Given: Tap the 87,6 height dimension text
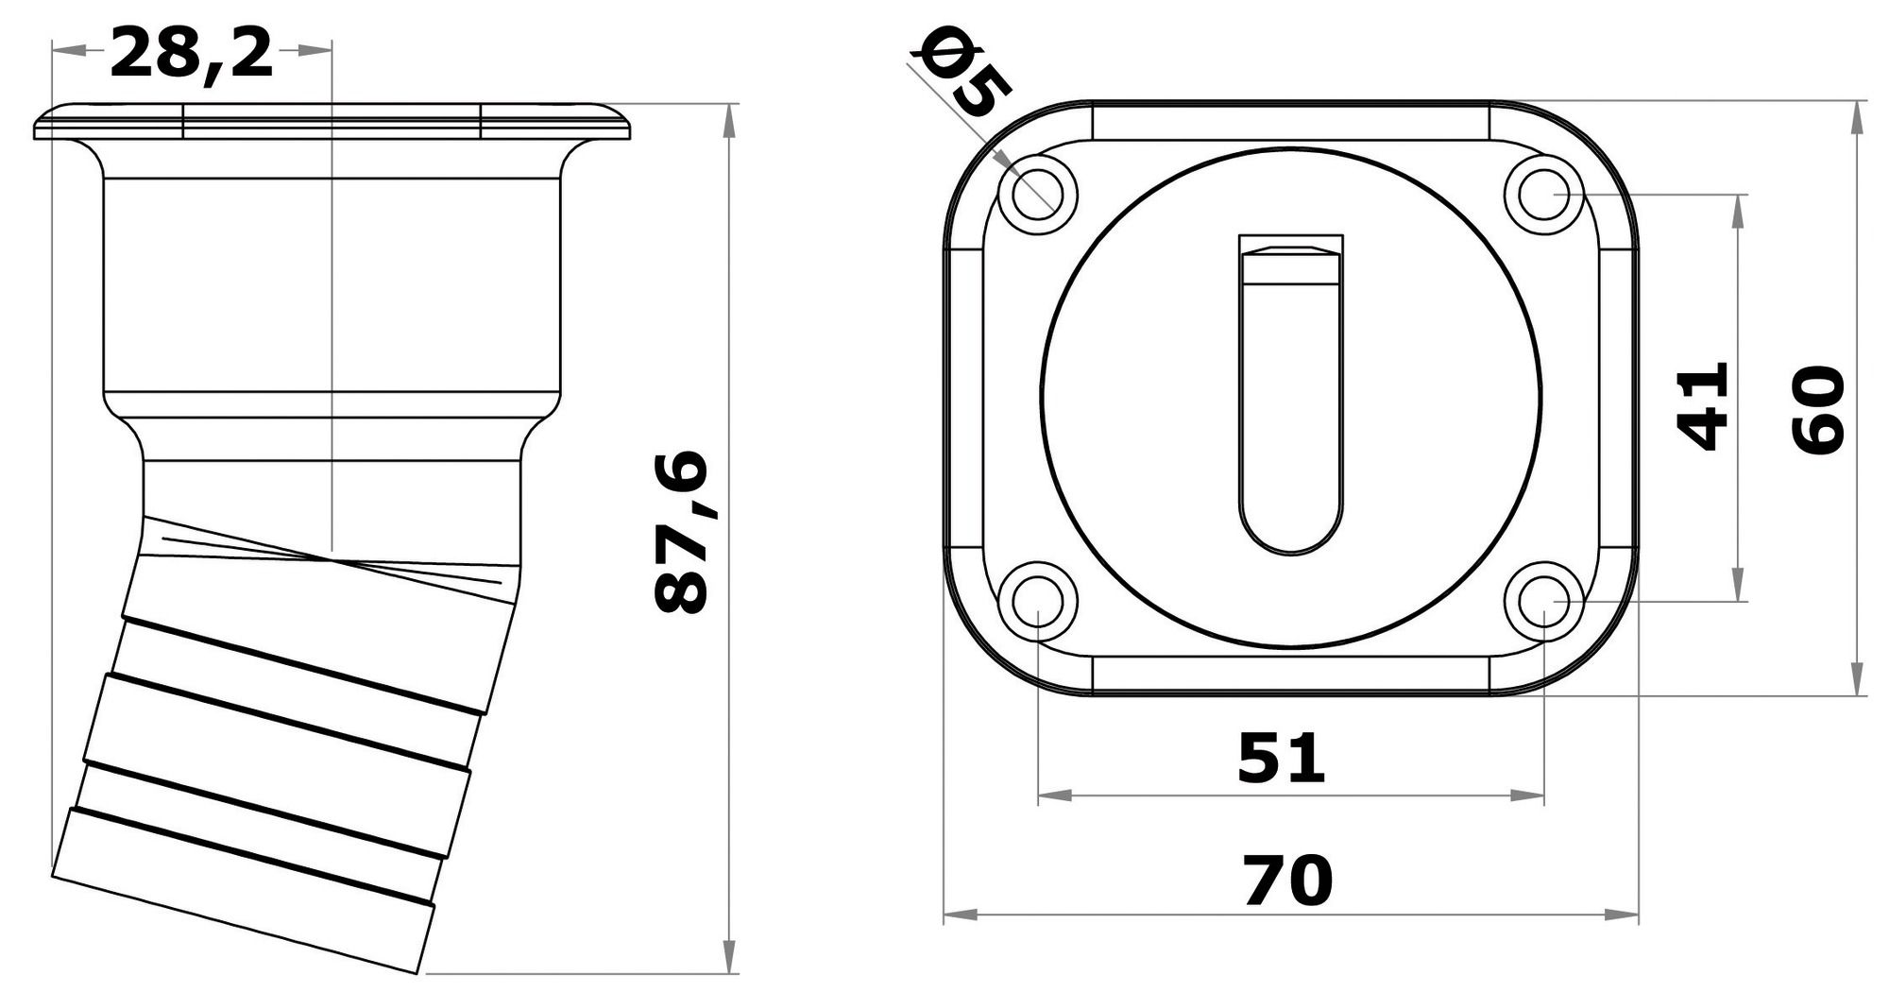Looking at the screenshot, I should point(682,533).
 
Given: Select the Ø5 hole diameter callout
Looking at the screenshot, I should point(964,73).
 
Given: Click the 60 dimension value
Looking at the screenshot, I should point(1818,411).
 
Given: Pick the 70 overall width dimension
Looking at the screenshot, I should point(1286,880).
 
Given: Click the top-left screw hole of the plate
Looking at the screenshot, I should point(1038,194).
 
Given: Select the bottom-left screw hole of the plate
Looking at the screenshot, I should point(1038,601).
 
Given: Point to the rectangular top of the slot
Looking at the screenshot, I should point(1291,244).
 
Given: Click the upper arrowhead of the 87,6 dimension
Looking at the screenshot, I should point(729,118).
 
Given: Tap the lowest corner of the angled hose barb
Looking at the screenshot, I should point(417,972).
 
